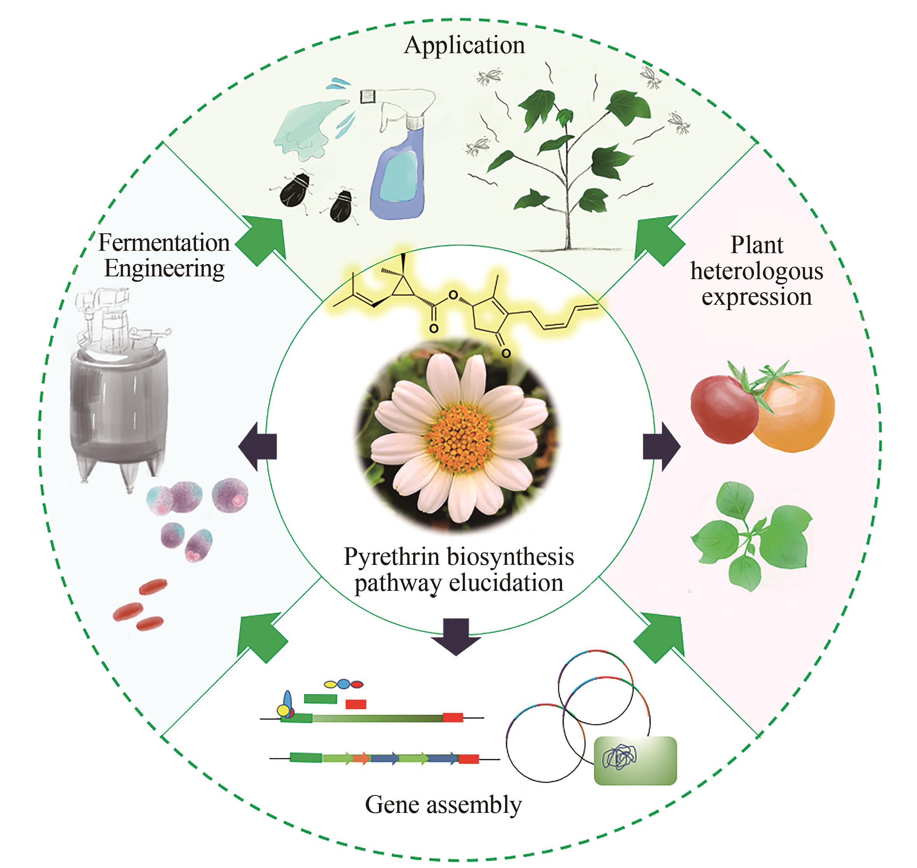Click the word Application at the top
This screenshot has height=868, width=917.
pos(464,46)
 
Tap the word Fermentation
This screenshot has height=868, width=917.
pos(164,243)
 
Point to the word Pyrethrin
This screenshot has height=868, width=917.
pos(391,557)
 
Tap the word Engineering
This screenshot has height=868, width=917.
pos(164,269)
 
